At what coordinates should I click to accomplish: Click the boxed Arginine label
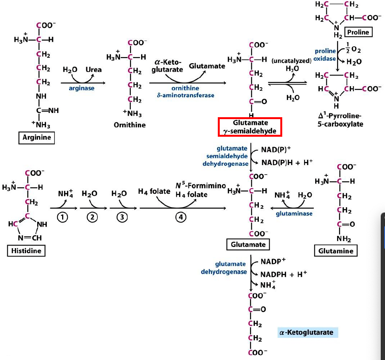[36, 137]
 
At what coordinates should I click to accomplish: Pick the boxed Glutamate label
[248, 244]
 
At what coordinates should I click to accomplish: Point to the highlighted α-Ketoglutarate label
[307, 332]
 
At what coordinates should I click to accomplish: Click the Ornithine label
[130, 125]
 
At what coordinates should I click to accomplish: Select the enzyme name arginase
[81, 88]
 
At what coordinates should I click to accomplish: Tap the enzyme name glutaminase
[294, 213]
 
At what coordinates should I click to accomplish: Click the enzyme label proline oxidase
[325, 55]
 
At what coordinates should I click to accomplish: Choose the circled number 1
[62, 217]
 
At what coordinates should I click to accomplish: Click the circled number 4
[180, 217]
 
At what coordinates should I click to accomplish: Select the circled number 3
[122, 217]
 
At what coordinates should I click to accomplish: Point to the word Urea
[94, 69]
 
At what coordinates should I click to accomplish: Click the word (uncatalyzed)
[291, 61]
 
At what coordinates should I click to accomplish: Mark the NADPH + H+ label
[284, 274]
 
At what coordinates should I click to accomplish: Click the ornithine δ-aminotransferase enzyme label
[185, 92]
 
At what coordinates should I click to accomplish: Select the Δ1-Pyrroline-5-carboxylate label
[338, 120]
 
